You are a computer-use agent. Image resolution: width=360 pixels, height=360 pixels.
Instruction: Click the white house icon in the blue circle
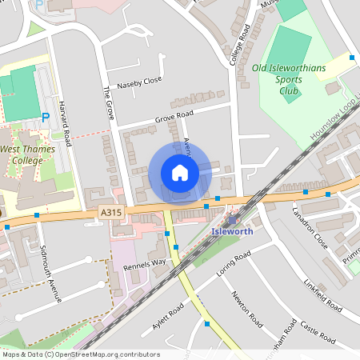pos(180,173)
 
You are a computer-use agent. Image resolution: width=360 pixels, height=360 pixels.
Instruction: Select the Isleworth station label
pos(232,232)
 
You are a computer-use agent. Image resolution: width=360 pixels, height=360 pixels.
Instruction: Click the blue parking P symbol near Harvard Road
pos(46,118)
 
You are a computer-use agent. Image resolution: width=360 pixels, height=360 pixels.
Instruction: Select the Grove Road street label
pos(174,116)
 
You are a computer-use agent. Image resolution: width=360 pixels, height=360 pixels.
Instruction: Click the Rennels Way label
pos(143,262)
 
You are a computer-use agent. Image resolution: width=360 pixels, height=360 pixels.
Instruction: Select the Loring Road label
pos(234,263)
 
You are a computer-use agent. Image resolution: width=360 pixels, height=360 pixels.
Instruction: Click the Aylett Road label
pos(169,316)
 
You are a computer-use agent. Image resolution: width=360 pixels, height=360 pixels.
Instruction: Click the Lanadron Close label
pos(310,227)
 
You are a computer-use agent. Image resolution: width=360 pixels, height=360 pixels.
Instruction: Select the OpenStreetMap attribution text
pos(81,354)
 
